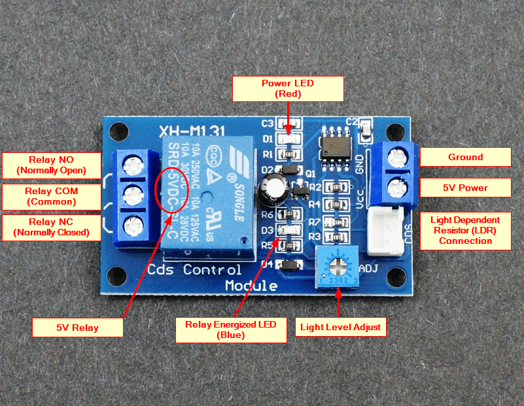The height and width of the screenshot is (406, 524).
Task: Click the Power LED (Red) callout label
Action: tap(288, 88)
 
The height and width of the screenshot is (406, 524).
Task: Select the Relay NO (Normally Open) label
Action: tap(52, 165)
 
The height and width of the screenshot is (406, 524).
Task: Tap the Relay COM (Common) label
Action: tap(52, 196)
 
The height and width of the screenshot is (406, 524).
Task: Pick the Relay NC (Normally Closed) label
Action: tap(52, 227)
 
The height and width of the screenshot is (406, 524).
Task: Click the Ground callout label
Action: tap(465, 157)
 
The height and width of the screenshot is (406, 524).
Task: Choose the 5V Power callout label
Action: tap(465, 188)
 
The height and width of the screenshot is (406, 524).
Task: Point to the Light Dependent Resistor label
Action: tap(465, 230)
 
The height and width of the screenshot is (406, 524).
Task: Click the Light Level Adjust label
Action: tap(340, 326)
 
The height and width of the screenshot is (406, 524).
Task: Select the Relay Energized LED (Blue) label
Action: tap(231, 330)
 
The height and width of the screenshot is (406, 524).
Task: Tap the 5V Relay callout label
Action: tap(77, 327)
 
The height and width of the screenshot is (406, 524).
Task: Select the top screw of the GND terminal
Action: tap(395, 158)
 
